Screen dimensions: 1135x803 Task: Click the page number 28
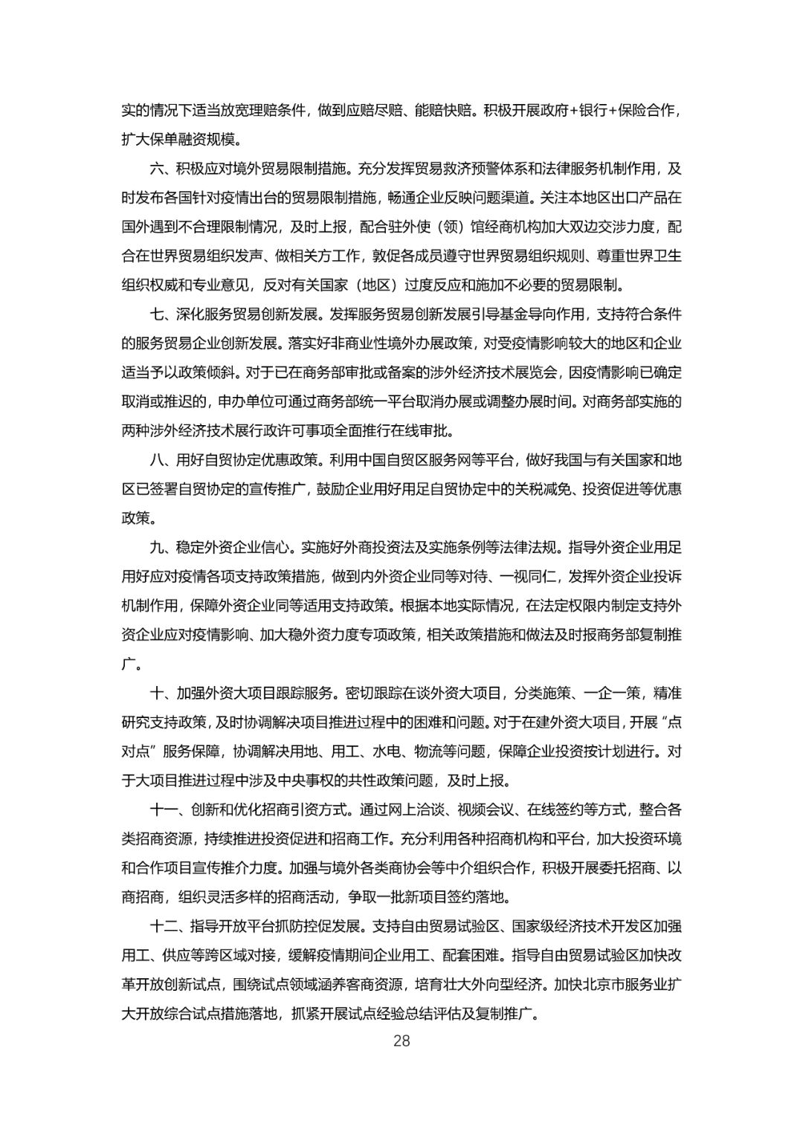point(401,1040)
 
